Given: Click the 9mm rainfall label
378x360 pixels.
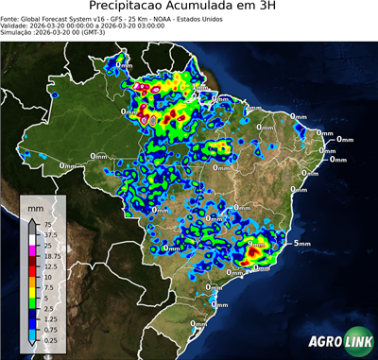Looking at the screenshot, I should coord(255,244).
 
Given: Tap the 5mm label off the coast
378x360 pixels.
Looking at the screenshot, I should coord(302,244).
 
